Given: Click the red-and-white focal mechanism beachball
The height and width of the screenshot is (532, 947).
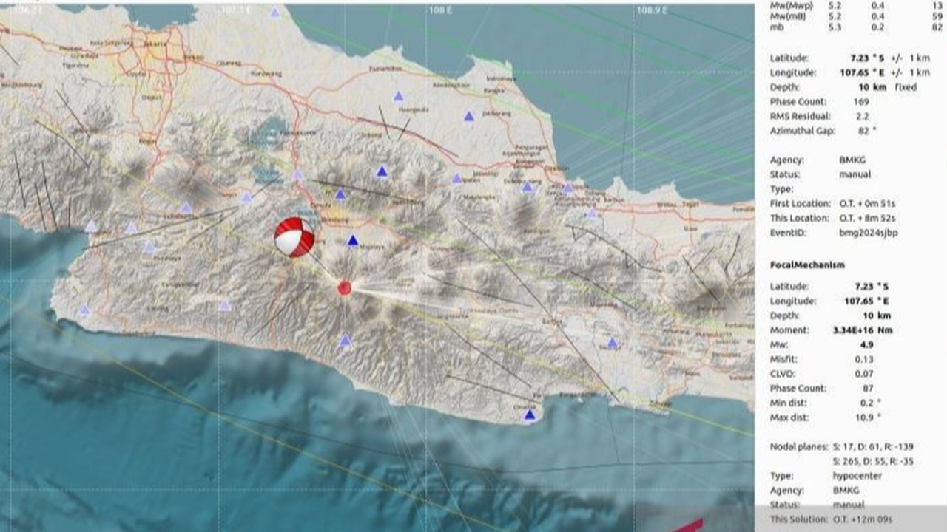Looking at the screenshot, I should coord(294,236).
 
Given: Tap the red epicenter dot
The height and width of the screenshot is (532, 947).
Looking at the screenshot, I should coord(344,288).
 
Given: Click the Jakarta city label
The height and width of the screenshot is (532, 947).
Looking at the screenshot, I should coord(156,44).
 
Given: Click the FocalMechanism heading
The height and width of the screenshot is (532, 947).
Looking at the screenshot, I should coord(806,265).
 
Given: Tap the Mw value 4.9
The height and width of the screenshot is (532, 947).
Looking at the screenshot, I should coord(863,344).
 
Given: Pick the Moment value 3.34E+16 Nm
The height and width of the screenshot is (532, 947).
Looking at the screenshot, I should coord(862,330).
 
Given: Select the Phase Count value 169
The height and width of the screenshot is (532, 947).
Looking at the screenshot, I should coord(860,102).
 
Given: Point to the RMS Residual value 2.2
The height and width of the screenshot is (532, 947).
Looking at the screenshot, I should coord(862,116).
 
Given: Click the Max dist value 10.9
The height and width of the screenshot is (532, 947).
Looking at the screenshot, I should coord(867,417).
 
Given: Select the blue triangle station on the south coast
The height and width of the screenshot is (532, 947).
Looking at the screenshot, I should coord(529,415).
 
